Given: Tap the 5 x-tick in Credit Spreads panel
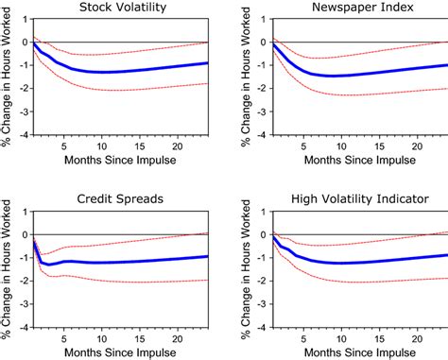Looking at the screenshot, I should pos(63,336).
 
